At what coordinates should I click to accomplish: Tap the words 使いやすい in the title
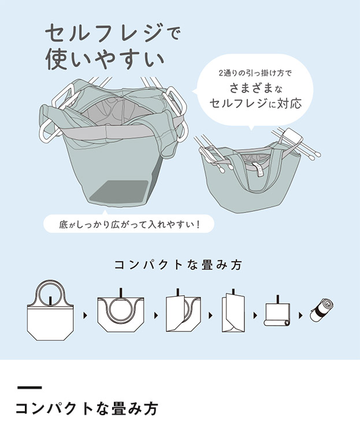[x=105, y=60]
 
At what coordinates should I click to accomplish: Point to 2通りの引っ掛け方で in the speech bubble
[x=256, y=73]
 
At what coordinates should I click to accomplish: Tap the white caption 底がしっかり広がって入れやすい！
[x=129, y=223]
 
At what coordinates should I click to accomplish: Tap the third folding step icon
[x=183, y=315]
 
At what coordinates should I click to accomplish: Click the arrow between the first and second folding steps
[x=86, y=316]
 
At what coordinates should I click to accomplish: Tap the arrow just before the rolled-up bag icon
[x=300, y=316]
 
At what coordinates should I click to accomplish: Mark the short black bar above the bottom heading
[x=29, y=387]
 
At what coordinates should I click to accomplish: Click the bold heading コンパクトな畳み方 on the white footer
[x=86, y=409]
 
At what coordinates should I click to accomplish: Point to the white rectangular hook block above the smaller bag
[x=292, y=138]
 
